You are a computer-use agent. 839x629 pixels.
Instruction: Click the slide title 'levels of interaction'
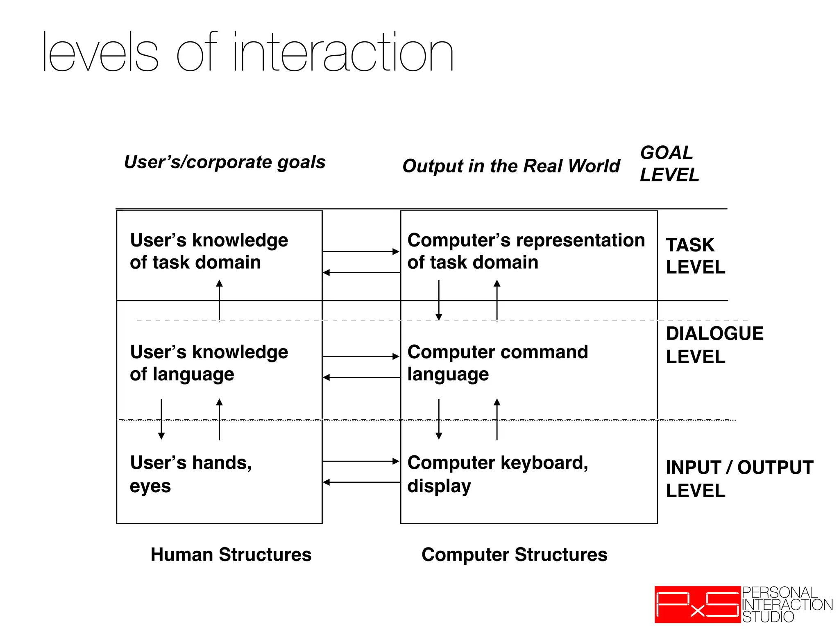(248, 52)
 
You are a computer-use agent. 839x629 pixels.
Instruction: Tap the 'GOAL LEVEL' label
(669, 164)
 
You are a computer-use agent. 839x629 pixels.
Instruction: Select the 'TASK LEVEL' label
(695, 256)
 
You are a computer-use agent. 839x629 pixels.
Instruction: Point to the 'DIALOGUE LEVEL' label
(714, 345)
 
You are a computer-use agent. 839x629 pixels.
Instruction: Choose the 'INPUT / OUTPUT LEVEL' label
(739, 479)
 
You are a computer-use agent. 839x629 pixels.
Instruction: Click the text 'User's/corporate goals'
(224, 162)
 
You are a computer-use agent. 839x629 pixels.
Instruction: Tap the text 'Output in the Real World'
(511, 166)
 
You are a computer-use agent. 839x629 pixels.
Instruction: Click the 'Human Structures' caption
(231, 554)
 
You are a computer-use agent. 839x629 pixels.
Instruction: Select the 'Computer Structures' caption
(514, 554)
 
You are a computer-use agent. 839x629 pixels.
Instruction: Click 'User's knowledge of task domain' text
(209, 251)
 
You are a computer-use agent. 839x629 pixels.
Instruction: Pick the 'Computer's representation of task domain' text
(526, 251)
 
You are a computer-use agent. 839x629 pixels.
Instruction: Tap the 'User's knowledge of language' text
(209, 363)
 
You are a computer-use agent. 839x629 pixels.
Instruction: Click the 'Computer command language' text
(497, 363)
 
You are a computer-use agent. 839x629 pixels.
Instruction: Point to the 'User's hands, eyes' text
(190, 474)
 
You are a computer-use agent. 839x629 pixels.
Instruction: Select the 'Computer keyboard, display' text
(497, 474)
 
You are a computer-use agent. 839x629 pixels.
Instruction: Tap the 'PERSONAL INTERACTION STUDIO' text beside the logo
(787, 604)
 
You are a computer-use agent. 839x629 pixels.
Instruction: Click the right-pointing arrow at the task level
(361, 251)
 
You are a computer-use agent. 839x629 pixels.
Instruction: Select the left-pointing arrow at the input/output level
(361, 482)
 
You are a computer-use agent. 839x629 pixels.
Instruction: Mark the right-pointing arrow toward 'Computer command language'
(361, 356)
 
